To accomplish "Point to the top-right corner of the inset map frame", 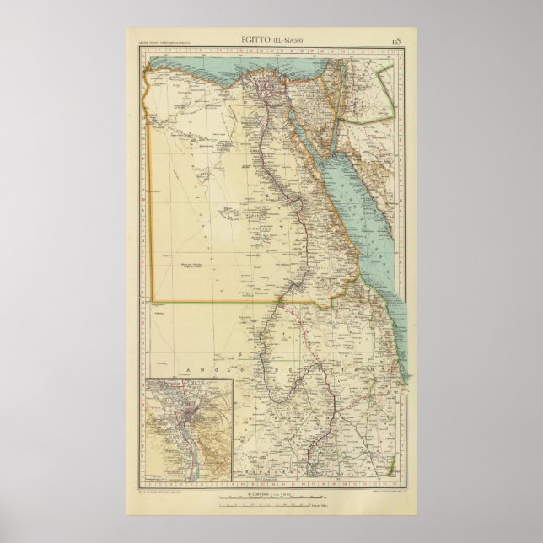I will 234,380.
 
